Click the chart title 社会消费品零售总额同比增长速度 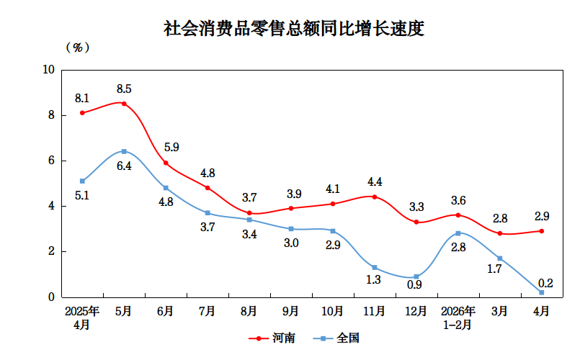coord(294,29)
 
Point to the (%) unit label coord(78,48)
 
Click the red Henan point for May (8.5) coord(124,104)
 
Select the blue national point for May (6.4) coord(124,151)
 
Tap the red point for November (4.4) coord(375,197)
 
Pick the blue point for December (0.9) coord(416,276)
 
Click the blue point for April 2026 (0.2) coord(542,292)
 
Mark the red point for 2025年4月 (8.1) coord(82,113)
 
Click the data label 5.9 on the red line coord(171,147)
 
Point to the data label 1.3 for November coord(373,279)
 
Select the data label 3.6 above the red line coord(458,200)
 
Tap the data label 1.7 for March coord(494,269)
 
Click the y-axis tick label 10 coord(48,70)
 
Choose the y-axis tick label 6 coord(51,161)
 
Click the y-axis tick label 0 coord(51,297)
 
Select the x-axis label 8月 coord(249,311)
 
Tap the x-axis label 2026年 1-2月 coord(458,318)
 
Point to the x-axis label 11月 coord(374,311)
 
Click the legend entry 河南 coord(272,338)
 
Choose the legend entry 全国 coord(336,338)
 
